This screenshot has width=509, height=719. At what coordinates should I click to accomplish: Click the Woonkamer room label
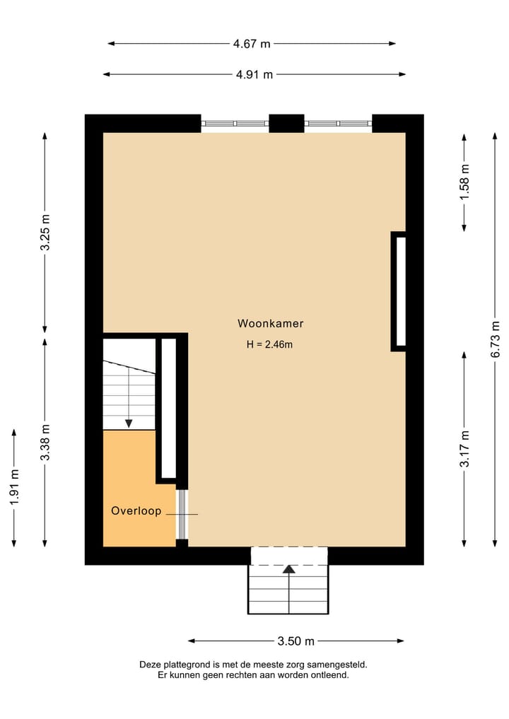(x=270, y=324)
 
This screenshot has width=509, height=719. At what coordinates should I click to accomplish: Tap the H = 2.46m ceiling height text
(x=269, y=345)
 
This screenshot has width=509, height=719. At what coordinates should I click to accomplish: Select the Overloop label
(x=136, y=510)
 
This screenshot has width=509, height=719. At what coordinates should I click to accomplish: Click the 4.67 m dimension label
(x=252, y=44)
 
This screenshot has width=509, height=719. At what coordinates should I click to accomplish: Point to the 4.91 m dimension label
(x=255, y=74)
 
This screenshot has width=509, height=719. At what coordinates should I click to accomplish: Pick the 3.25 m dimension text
(x=45, y=233)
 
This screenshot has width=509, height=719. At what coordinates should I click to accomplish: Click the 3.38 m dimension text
(x=45, y=443)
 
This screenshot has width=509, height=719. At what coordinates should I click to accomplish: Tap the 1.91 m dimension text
(x=15, y=486)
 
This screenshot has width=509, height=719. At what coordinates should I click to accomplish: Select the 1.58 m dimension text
(x=464, y=182)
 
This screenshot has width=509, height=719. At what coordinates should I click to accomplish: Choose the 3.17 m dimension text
(x=464, y=449)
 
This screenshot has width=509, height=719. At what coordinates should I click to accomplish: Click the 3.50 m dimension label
(x=296, y=641)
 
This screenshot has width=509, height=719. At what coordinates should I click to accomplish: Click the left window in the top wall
(x=235, y=124)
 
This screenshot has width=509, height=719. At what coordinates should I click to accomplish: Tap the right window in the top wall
(x=339, y=124)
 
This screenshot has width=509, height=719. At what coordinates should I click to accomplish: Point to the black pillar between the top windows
(x=286, y=123)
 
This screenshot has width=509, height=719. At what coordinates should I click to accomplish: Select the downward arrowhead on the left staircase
(x=129, y=423)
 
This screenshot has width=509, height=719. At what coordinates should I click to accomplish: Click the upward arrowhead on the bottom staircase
(x=288, y=568)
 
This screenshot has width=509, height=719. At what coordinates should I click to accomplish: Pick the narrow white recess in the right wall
(x=400, y=291)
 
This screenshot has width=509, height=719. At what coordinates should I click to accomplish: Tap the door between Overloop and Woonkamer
(x=182, y=514)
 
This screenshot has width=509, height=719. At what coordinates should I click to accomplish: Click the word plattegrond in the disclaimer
(x=187, y=665)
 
